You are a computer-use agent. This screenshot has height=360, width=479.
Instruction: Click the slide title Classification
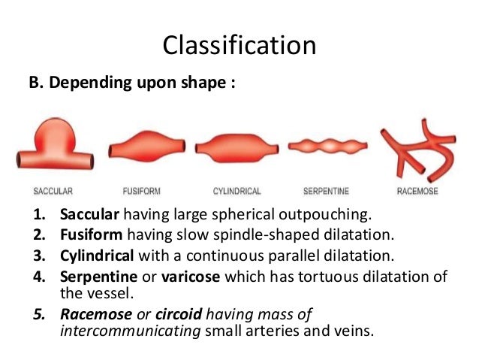[x=239, y=44]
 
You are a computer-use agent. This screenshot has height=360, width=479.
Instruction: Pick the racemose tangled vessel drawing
[x=417, y=146]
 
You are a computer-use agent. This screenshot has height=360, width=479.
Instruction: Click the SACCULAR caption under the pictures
[x=53, y=191]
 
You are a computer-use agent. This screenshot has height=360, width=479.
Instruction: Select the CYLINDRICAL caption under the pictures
[x=233, y=191]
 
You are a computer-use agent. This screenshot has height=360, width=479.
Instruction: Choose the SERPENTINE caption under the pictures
[x=325, y=191]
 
